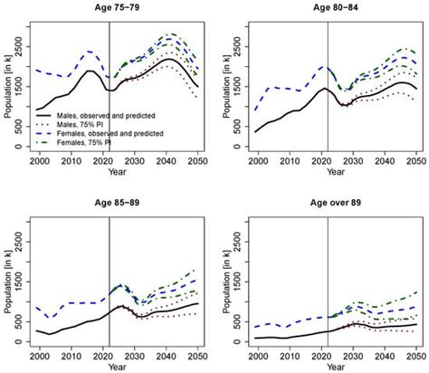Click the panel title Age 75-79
click(119, 7)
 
